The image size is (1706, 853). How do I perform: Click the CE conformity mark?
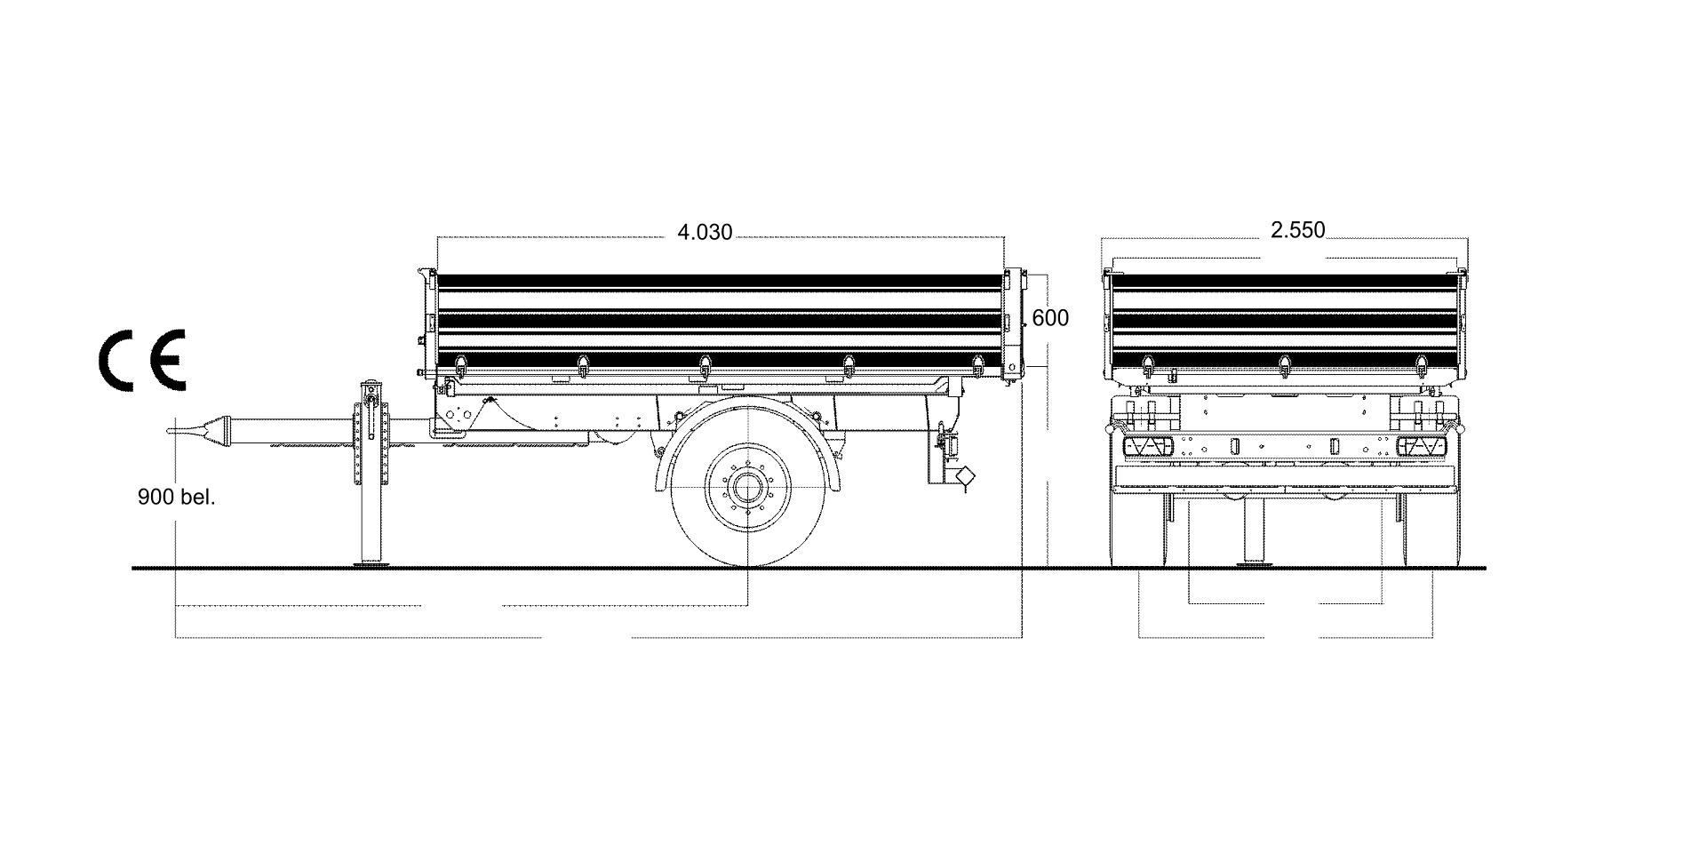click(142, 360)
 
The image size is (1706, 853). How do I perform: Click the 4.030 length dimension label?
click(705, 233)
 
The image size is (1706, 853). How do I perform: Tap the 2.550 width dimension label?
click(1297, 231)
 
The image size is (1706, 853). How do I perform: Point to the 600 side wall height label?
click(1051, 318)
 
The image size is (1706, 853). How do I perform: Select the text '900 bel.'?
click(177, 498)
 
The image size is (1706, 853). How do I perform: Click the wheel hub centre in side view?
click(748, 489)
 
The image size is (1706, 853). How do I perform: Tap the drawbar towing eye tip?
click(171, 432)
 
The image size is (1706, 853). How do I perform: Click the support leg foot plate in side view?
click(373, 562)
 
